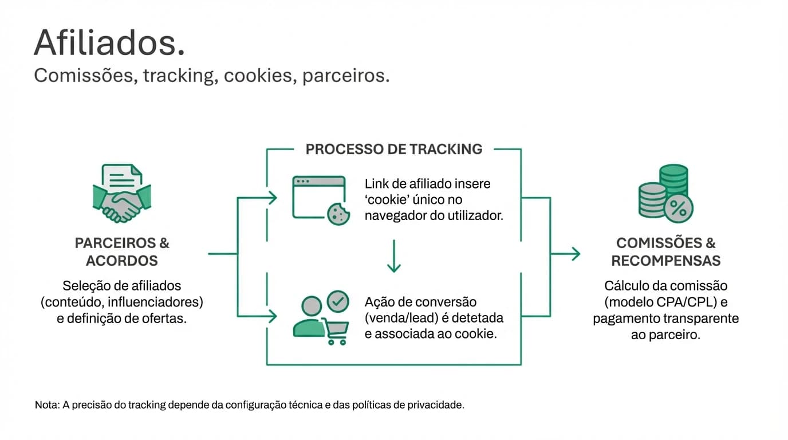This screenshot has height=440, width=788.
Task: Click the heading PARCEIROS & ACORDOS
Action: click(122, 252)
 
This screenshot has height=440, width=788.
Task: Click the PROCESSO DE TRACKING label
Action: click(394, 150)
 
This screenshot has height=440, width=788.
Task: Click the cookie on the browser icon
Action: click(338, 214)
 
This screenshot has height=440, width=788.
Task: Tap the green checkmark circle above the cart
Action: click(337, 300)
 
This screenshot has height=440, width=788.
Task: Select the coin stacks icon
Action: click(665, 193)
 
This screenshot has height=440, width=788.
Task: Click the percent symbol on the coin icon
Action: click(679, 209)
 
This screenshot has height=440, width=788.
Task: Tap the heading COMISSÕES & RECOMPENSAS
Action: click(665, 252)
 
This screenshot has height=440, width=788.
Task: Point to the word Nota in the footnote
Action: click(45, 405)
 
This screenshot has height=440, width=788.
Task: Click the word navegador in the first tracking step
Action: click(396, 216)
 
